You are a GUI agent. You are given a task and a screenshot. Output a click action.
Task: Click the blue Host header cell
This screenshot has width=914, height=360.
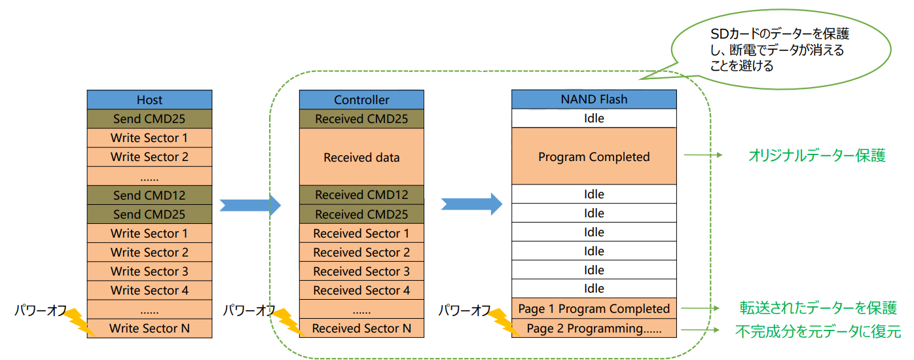(149, 99)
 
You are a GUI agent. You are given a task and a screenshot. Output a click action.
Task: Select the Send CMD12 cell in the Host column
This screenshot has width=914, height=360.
(149, 195)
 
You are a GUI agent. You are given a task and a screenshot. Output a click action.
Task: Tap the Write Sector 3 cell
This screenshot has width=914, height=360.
(149, 271)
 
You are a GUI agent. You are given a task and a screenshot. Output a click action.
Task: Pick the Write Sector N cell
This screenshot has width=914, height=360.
(149, 328)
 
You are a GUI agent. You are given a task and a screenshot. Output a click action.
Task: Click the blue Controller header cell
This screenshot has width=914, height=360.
(361, 99)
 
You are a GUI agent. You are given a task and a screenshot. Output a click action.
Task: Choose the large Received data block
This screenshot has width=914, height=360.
(361, 157)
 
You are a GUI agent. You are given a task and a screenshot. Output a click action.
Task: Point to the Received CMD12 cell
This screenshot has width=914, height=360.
(361, 195)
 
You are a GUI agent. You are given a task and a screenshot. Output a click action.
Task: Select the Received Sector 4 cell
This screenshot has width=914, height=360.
(361, 290)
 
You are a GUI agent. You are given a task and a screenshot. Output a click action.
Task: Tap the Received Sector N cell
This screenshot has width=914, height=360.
(361, 328)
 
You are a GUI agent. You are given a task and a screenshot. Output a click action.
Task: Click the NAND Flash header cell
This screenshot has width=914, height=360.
(594, 99)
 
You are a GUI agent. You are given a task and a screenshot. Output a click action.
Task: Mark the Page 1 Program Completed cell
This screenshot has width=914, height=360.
(594, 308)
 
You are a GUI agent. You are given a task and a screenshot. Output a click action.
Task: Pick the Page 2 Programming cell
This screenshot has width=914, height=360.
(594, 328)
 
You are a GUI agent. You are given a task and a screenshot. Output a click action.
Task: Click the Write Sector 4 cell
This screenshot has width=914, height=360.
(149, 290)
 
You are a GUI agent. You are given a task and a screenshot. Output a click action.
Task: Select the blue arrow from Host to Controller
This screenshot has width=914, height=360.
(249, 205)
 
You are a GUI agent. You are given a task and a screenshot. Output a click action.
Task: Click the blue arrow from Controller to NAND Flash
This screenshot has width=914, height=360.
(471, 204)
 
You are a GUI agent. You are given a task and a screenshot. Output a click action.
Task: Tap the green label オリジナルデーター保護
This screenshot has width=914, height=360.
(816, 156)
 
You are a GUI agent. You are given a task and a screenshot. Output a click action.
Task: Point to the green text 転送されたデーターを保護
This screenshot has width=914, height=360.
(818, 308)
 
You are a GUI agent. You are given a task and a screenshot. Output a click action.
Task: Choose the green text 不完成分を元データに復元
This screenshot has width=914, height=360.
(818, 331)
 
